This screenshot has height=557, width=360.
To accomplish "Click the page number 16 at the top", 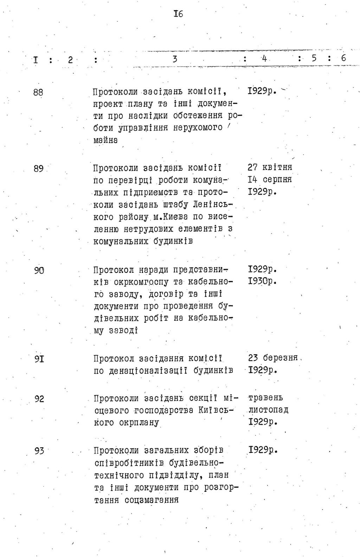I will click(178, 14).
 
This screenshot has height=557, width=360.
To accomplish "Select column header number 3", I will click(175, 59).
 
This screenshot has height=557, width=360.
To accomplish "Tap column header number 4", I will click(264, 59).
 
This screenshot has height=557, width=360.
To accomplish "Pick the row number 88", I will click(38, 93).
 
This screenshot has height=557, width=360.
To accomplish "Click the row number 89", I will click(38, 169).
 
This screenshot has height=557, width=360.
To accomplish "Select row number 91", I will click(39, 359).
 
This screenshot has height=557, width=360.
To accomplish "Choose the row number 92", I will click(39, 399).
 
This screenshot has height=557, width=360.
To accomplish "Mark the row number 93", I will click(39, 450).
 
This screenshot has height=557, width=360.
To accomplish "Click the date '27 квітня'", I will click(270, 167).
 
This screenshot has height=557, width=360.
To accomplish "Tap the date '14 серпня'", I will click(270, 179).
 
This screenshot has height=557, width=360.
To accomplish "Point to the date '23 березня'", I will click(273, 358).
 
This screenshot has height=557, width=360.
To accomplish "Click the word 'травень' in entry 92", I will click(265, 398).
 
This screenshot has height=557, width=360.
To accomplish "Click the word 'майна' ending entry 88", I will click(105, 140).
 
